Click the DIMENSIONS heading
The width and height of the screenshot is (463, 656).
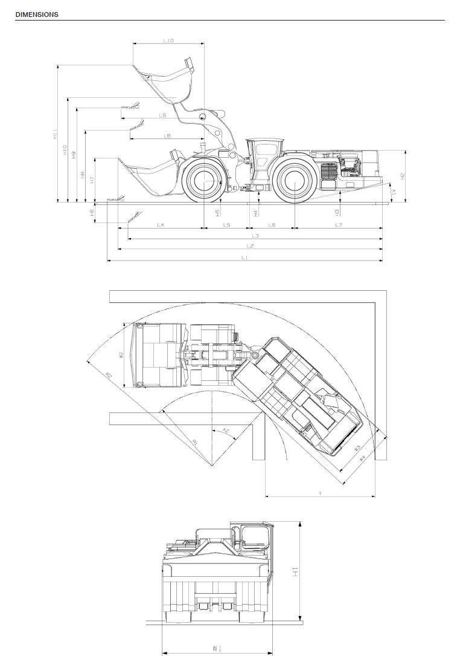(37, 15)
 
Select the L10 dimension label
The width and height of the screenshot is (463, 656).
(168, 41)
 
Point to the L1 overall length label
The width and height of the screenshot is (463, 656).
(244, 258)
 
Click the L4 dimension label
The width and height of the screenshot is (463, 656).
(161, 225)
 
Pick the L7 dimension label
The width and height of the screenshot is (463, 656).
(339, 225)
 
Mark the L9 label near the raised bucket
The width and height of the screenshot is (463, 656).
(163, 115)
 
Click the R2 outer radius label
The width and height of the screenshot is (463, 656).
(109, 376)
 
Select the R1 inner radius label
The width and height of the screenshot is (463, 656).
(195, 443)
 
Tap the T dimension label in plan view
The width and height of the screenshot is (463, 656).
(320, 493)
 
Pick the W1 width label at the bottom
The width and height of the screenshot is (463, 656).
(215, 648)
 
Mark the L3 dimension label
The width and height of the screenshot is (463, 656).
(255, 235)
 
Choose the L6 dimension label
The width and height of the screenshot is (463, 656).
(272, 225)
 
